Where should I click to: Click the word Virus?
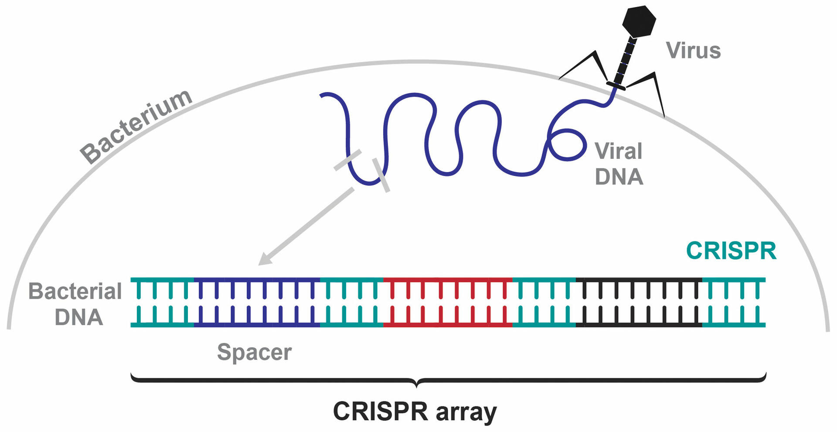pyautogui.click(x=693, y=51)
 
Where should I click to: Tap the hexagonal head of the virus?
pyautogui.click(x=639, y=21)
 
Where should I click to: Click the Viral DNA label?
pyautogui.click(x=619, y=164)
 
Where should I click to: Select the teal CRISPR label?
pyautogui.click(x=731, y=251)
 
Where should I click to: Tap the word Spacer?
pyautogui.click(x=254, y=352)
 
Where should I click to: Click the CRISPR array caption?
pyautogui.click(x=415, y=411)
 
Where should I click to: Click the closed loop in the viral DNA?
pyautogui.click(x=567, y=144)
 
